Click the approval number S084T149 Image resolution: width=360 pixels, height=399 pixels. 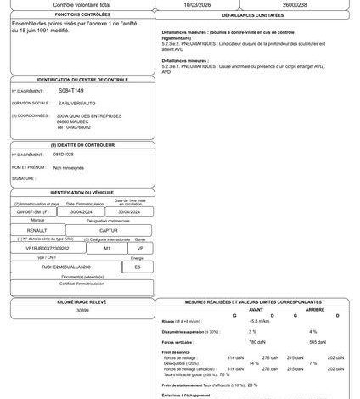72,88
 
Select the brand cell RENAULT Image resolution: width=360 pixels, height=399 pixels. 38,230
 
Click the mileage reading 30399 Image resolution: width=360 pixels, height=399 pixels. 82,311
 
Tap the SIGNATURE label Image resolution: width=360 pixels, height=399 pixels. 23,179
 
